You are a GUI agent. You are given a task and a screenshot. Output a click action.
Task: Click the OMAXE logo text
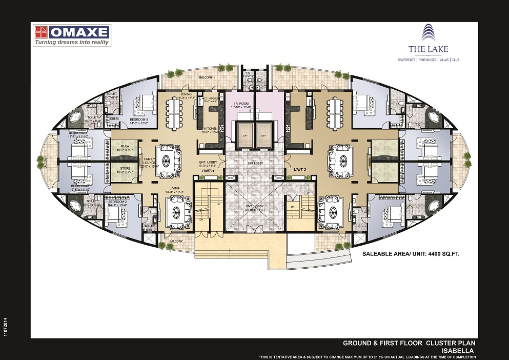point(79,32)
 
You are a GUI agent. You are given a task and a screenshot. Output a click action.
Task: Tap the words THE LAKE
point(428,49)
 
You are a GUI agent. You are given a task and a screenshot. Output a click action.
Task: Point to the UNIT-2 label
point(300,168)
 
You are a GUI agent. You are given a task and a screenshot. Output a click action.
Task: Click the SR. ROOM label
point(240,104)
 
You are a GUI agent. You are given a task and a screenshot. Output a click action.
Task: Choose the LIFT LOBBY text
point(255,163)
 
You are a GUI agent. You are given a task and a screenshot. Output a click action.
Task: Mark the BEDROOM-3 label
point(139,119)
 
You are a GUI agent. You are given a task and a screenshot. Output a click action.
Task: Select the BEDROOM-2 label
point(117,202)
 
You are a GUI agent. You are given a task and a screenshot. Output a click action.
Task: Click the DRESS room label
point(114,118)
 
